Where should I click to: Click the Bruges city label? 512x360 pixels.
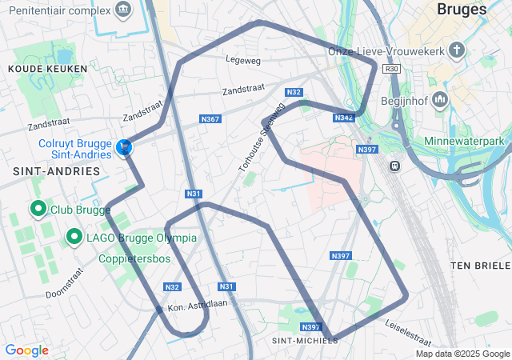click(462, 10)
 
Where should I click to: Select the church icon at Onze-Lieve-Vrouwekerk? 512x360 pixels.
click(457, 51)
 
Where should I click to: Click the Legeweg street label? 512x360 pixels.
click(244, 58)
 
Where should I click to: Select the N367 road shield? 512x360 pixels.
click(210, 119)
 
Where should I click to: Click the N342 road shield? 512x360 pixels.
click(343, 118)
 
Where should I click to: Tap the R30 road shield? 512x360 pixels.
click(391, 70)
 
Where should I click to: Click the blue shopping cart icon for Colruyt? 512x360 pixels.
click(124, 148)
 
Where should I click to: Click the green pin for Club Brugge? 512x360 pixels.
click(38, 209)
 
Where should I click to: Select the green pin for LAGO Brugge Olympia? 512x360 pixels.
click(74, 237)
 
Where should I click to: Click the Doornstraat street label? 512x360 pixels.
click(65, 282)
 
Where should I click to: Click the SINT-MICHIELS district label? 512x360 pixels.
click(305, 340)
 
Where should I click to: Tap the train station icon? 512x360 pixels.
click(394, 166)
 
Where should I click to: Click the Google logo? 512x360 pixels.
click(26, 350)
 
